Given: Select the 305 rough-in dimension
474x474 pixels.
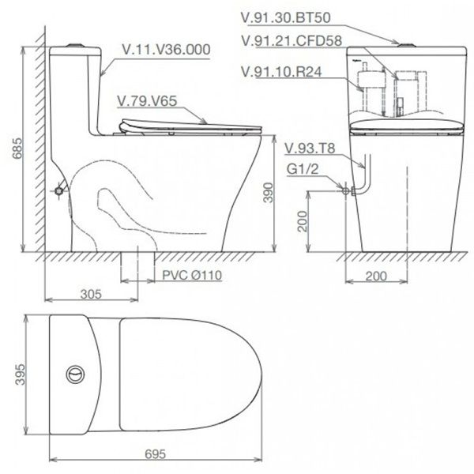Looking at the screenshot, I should (92, 295).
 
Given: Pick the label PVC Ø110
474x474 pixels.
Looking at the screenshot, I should (195, 276).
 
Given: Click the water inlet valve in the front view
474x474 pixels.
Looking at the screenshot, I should (345, 190).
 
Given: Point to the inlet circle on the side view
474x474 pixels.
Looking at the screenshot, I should (60, 190).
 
